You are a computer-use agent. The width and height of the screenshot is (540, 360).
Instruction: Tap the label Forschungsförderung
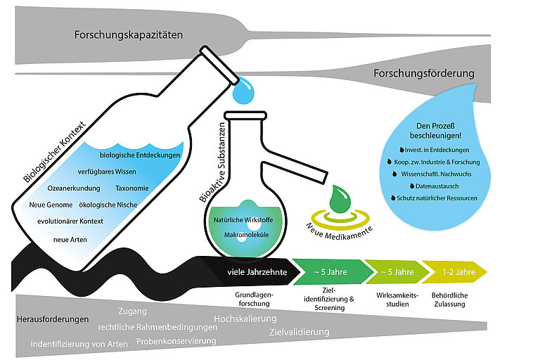[423, 73]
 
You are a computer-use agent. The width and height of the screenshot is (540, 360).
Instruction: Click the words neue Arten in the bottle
[69, 240]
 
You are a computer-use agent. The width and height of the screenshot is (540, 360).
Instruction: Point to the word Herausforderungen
[52, 319]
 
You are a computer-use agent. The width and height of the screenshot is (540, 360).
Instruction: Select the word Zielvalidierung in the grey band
[299, 332]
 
